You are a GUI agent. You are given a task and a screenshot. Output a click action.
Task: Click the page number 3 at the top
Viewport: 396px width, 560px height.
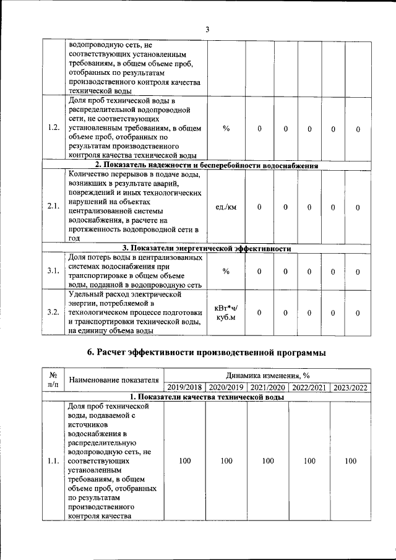click(x=207, y=29)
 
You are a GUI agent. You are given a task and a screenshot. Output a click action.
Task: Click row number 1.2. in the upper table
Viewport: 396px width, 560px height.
click(x=53, y=128)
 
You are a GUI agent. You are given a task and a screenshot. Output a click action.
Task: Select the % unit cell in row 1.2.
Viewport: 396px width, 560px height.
click(x=226, y=128)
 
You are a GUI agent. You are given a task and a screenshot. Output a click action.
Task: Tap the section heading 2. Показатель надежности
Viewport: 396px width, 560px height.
click(x=207, y=165)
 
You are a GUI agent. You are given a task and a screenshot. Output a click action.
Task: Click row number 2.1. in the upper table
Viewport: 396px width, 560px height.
click(x=53, y=206)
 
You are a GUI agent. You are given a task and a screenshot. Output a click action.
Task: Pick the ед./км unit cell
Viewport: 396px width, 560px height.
click(x=226, y=206)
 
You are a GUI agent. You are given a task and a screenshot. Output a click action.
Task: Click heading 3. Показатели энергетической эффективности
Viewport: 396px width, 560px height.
click(x=207, y=248)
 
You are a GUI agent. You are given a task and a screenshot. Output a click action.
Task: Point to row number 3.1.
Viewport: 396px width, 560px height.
click(x=53, y=271)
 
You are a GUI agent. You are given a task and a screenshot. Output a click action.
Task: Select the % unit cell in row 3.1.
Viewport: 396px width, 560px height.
click(x=226, y=271)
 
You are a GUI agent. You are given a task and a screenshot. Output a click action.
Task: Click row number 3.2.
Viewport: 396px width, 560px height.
click(x=53, y=313)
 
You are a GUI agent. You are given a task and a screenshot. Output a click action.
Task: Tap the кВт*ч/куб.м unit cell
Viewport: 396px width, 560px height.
click(x=226, y=313)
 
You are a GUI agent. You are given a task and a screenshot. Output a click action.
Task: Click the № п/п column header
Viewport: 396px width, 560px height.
click(x=53, y=380)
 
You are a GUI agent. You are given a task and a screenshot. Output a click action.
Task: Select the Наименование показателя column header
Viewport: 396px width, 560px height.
click(x=114, y=380)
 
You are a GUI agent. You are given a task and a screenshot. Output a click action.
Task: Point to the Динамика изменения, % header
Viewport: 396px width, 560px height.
click(x=267, y=375)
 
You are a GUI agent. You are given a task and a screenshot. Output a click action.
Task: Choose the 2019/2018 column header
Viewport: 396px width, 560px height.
click(x=184, y=387)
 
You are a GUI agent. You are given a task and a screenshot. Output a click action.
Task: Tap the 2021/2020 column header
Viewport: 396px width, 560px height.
click(x=267, y=387)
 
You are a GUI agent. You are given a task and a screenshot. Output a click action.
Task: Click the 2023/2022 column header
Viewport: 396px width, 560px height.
click(x=350, y=387)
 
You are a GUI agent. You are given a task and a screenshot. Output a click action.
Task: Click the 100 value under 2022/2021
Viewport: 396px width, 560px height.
click(x=309, y=461)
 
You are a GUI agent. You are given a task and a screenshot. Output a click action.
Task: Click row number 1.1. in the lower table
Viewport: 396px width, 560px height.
click(x=53, y=461)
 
